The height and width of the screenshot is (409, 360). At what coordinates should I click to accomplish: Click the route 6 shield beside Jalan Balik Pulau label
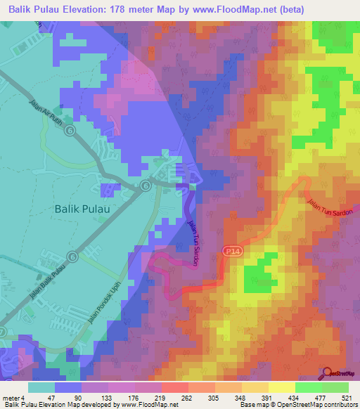(x=72, y=257)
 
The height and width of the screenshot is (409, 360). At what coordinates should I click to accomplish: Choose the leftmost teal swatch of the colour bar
(x=41, y=387)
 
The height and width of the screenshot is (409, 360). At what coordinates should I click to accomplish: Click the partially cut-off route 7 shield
(x=3, y=330)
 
